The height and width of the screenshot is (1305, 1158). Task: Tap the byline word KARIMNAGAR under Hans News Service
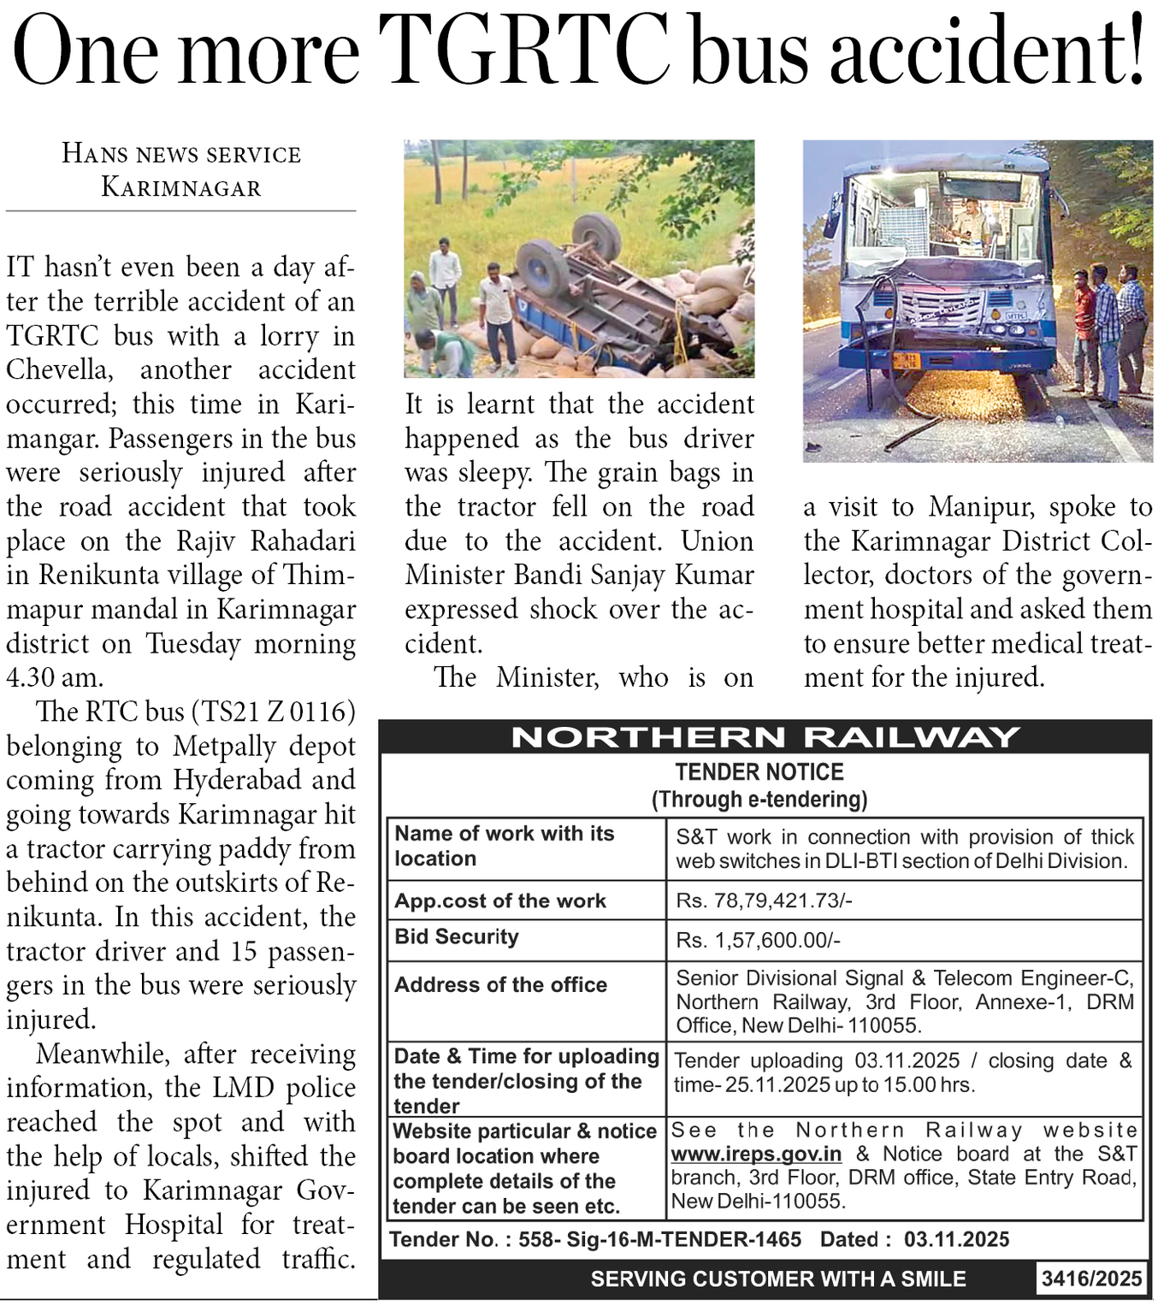(181, 187)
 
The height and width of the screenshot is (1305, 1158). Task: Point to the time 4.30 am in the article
(55, 677)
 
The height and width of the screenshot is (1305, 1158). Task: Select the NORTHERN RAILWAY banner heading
(765, 737)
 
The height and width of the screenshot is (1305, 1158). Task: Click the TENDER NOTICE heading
(759, 772)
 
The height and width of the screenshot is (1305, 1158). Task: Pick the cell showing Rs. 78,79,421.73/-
(764, 901)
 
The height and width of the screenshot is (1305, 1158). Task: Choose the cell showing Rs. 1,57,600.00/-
(758, 940)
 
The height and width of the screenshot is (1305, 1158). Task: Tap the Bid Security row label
(457, 936)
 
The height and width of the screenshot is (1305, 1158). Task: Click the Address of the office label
(500, 984)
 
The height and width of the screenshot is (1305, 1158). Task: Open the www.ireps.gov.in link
(756, 1154)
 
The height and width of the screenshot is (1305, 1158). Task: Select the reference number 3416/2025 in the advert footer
(1091, 1278)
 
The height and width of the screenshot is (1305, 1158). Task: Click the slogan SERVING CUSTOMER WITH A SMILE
(778, 1278)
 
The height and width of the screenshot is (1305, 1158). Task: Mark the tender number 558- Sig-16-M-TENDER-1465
(660, 1239)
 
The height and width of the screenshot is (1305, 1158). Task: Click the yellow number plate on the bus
(906, 360)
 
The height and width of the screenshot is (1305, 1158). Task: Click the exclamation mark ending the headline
(1135, 50)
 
